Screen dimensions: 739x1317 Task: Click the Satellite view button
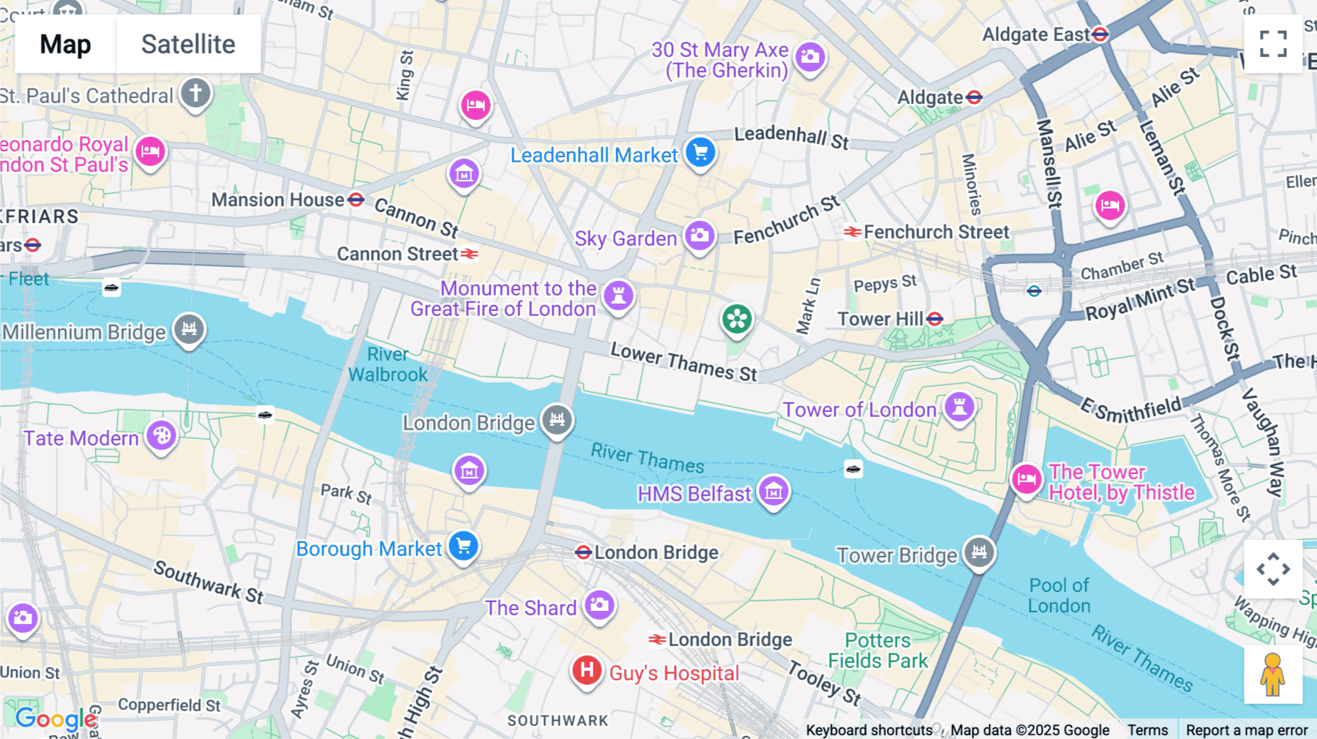point(188,45)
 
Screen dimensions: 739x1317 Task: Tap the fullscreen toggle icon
point(1273,44)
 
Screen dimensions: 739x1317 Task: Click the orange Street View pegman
point(1273,675)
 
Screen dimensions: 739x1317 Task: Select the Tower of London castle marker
point(959,406)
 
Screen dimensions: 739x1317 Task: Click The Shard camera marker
point(600,605)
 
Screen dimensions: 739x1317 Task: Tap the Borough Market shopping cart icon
point(463,546)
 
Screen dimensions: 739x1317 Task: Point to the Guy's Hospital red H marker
point(587,669)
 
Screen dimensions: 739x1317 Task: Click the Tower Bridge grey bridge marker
point(979,552)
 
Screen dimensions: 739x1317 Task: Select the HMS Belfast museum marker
point(773,491)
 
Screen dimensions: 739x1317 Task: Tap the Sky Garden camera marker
point(699,236)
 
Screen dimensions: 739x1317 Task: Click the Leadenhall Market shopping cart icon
point(700,152)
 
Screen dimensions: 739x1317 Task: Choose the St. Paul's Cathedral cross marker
point(195,94)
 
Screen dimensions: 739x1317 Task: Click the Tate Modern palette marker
point(162,436)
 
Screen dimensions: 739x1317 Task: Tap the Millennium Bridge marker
point(189,329)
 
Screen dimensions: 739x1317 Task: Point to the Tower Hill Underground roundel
point(934,319)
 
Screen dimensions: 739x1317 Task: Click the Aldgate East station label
point(1035,34)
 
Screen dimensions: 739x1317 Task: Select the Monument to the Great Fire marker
point(618,295)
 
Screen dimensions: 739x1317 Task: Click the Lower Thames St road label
point(683,362)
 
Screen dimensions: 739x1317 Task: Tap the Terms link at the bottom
point(1147,729)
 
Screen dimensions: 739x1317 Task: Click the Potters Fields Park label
point(877,650)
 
